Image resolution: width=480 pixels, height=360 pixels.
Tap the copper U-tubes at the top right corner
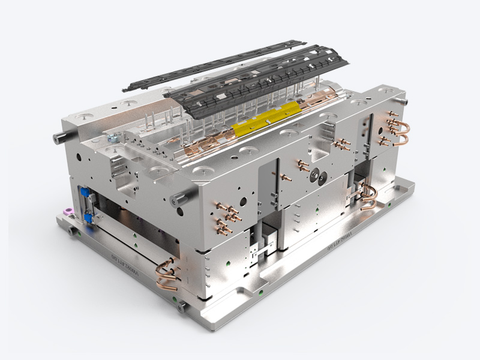pyautogui.click(x=397, y=132)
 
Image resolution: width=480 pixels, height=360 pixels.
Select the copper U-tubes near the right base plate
pyautogui.click(x=367, y=197)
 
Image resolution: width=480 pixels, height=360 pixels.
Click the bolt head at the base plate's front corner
pyautogui.click(x=181, y=307)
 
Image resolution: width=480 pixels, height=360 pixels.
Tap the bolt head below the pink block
pyautogui.click(x=72, y=230)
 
